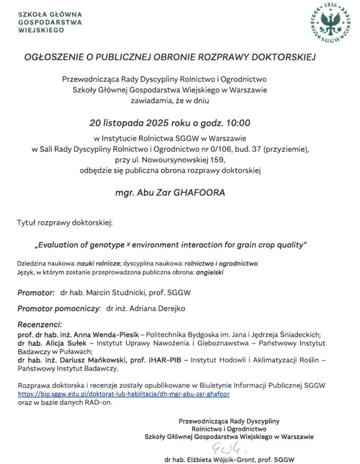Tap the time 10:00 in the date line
239,123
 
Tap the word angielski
210,272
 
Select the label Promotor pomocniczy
58,308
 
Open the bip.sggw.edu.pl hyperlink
123,394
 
